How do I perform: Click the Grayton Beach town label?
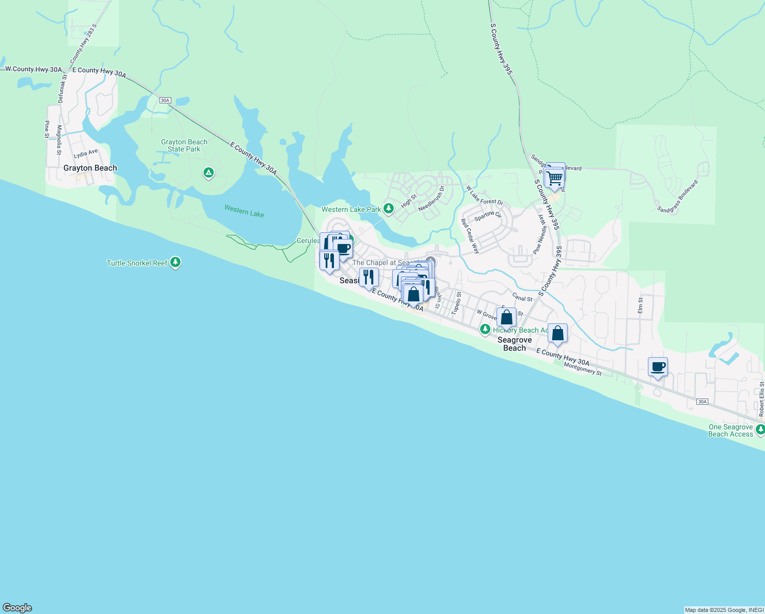click(x=90, y=168)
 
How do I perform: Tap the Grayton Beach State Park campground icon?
click(x=208, y=173)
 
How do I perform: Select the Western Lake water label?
click(x=244, y=211)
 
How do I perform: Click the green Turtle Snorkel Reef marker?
click(x=175, y=262)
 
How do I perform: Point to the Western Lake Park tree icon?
click(x=389, y=208)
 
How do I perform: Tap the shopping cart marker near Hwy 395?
click(x=554, y=179)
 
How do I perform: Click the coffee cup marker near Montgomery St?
click(x=658, y=367)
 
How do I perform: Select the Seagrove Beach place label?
click(x=514, y=344)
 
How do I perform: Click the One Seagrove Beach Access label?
click(x=730, y=430)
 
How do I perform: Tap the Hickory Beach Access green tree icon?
click(x=485, y=330)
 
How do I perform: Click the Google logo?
click(x=17, y=608)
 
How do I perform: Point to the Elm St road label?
click(x=640, y=305)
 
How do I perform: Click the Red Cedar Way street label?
click(x=470, y=236)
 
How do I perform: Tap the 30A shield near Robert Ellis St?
click(x=702, y=402)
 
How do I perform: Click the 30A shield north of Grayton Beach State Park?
click(x=165, y=100)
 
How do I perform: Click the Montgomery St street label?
click(x=582, y=369)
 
